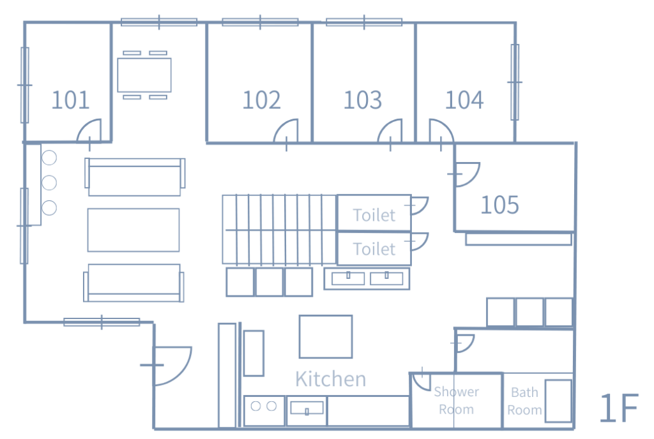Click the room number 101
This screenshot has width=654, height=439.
click(70, 100)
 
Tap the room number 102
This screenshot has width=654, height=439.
click(261, 100)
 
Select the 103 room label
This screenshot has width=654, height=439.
click(363, 100)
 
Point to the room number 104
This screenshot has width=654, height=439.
click(464, 100)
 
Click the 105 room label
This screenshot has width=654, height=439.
click(499, 205)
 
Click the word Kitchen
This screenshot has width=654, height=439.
click(330, 379)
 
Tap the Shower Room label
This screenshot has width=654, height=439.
click(456, 400)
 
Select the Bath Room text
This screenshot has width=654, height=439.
click(525, 401)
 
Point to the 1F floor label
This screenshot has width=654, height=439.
click(618, 408)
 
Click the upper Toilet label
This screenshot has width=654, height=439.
click(374, 215)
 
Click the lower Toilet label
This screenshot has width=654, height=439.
click(374, 249)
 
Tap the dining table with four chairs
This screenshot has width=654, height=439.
click(144, 75)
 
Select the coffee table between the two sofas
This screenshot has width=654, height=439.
click(133, 230)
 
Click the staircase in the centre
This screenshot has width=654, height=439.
click(279, 229)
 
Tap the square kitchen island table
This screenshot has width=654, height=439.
click(326, 336)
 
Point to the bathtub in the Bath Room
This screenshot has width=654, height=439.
click(558, 401)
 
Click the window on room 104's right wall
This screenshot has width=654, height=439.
click(515, 82)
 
